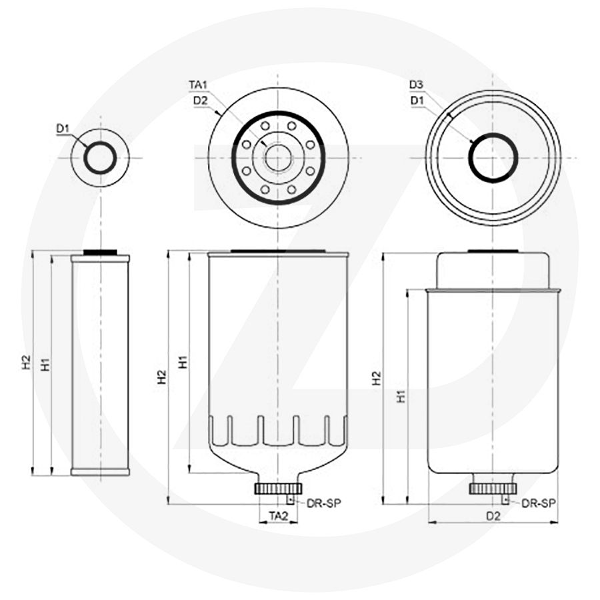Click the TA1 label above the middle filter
pyautogui.click(x=199, y=85)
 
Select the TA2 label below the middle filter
pyautogui.click(x=278, y=515)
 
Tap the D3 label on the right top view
pyautogui.click(x=417, y=85)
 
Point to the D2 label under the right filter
pyautogui.click(x=493, y=515)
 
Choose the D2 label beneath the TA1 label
pyautogui.click(x=200, y=100)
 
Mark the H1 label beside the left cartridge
pyautogui.click(x=45, y=364)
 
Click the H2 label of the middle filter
pyautogui.click(x=162, y=378)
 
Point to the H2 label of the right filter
pyautogui.click(x=377, y=378)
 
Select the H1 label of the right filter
pyautogui.click(x=401, y=396)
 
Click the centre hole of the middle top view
pyautogui.click(x=277, y=158)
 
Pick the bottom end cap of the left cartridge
pyautogui.click(x=100, y=472)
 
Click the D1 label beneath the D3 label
pyautogui.click(x=417, y=100)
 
